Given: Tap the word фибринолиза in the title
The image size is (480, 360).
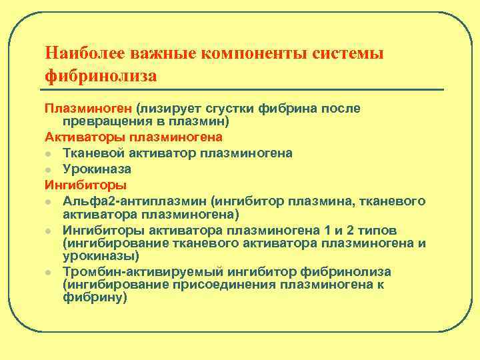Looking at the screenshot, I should [101, 77].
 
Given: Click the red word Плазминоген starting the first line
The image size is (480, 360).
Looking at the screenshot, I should [88, 107].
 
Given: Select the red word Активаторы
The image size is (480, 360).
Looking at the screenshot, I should [85, 137].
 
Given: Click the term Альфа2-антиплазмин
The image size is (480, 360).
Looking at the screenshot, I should [132, 201].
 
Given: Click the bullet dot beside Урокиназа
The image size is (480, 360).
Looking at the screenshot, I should [49, 169].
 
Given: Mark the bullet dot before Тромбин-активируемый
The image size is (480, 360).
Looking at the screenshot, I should [49, 272].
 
